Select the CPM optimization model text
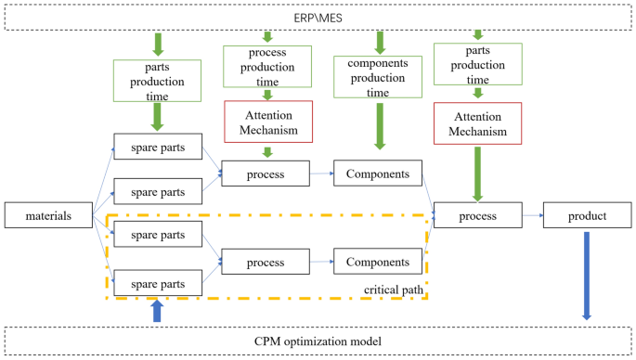318,341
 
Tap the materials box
49,217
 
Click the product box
587,216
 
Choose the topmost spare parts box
157,147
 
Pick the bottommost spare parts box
157,282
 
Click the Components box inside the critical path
377,262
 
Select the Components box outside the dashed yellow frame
377,173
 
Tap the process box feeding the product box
477,216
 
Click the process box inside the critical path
266,262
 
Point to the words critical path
395,290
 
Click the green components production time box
378,73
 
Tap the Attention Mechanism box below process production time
267,122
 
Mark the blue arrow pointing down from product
587,275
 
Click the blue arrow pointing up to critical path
157,312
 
